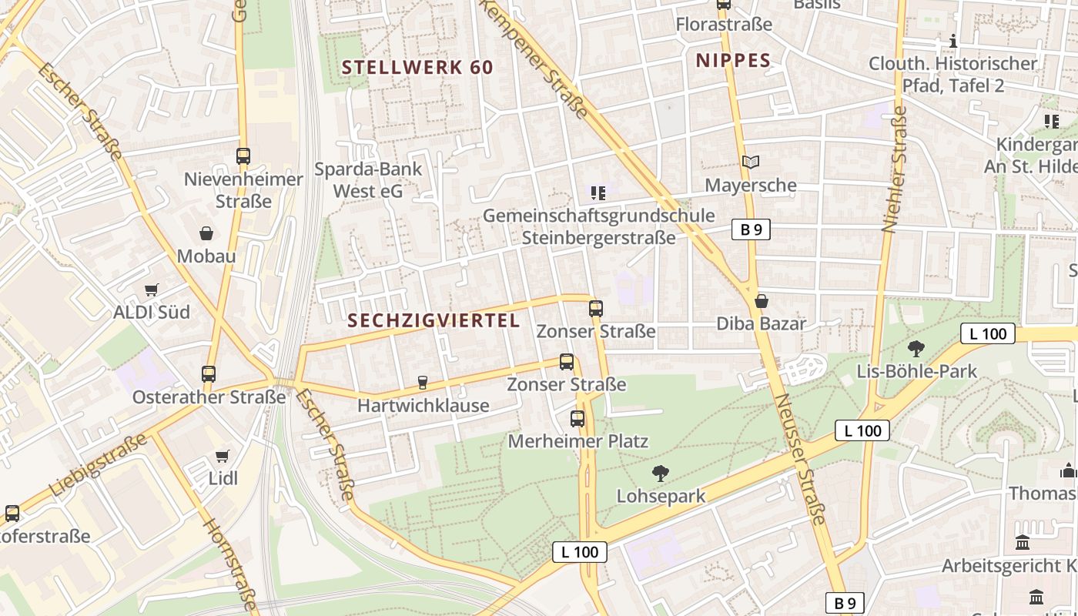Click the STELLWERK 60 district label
click(417, 68)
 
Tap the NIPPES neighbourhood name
click(733, 61)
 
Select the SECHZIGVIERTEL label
click(434, 321)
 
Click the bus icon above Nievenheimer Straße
click(243, 156)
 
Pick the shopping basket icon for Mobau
click(206, 233)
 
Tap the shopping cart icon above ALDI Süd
click(152, 290)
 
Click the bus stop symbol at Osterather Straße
click(209, 374)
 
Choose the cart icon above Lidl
click(223, 456)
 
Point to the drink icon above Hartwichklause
click(422, 382)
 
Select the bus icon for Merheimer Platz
click(577, 419)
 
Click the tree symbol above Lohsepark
click(660, 473)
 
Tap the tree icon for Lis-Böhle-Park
click(916, 349)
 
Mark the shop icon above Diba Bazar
click(762, 301)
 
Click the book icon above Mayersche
click(751, 162)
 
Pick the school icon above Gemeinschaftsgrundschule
click(598, 192)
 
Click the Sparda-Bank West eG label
click(368, 180)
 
